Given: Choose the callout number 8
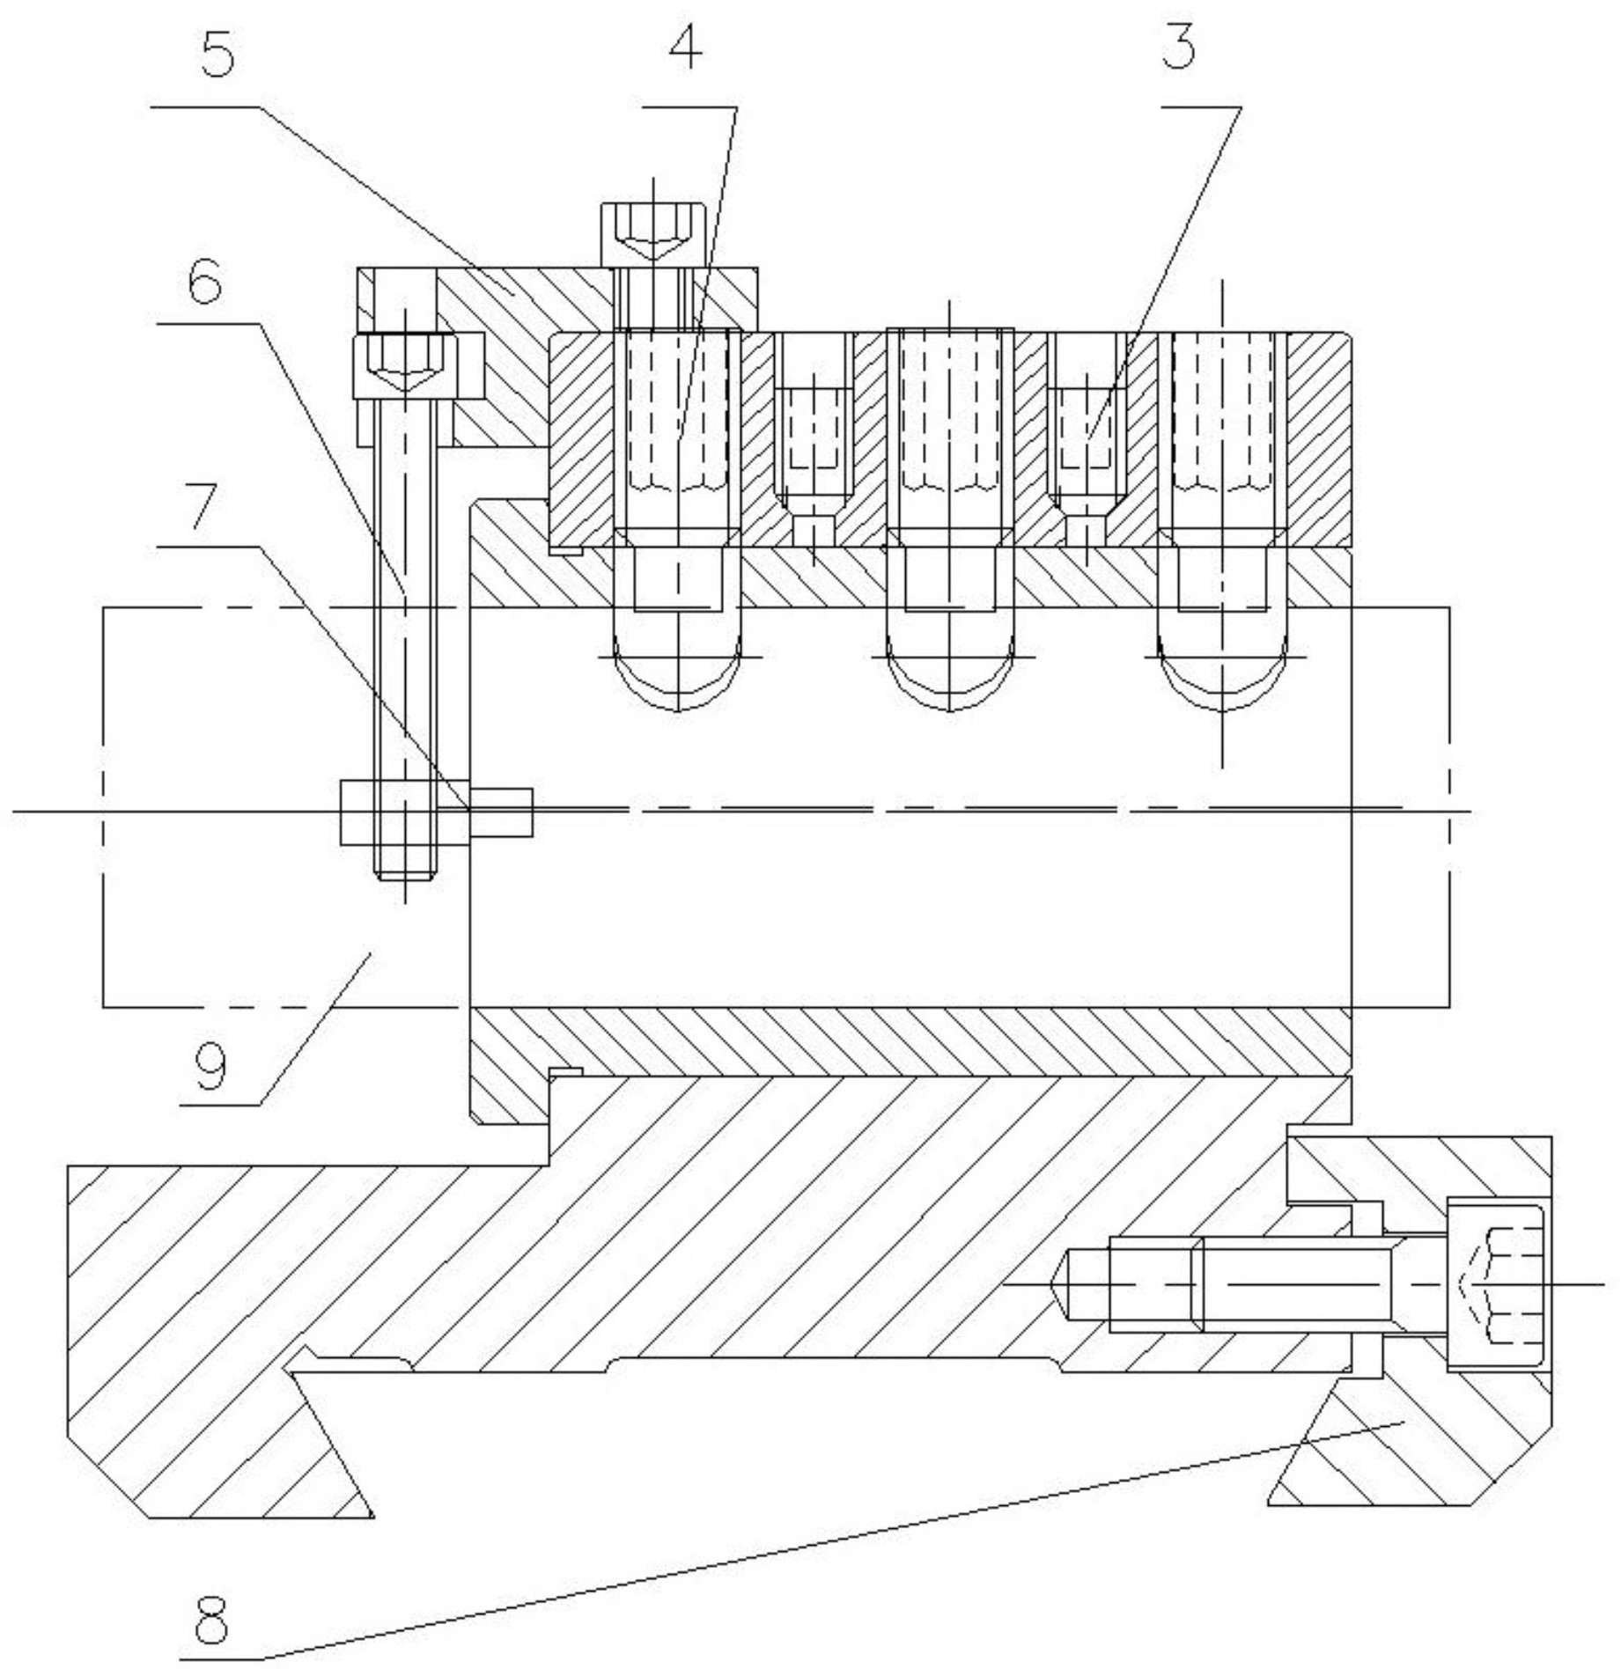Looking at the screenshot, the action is tap(211, 1618).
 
